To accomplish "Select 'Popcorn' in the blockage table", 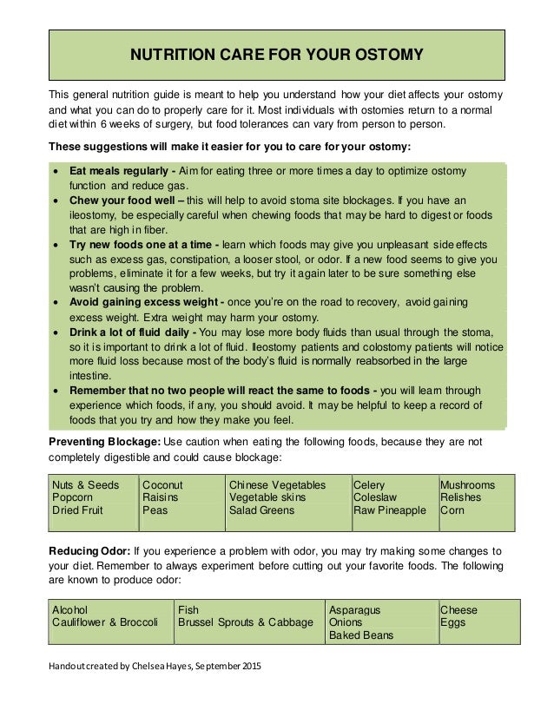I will point(76,498).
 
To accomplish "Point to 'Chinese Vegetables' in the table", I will point(277,484).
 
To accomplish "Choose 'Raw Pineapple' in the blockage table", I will point(389,511).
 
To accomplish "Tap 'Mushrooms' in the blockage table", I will point(468,484).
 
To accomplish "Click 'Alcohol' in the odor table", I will point(70,610).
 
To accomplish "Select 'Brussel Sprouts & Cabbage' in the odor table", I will point(246,623).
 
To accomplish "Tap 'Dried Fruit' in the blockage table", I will point(78,511).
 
